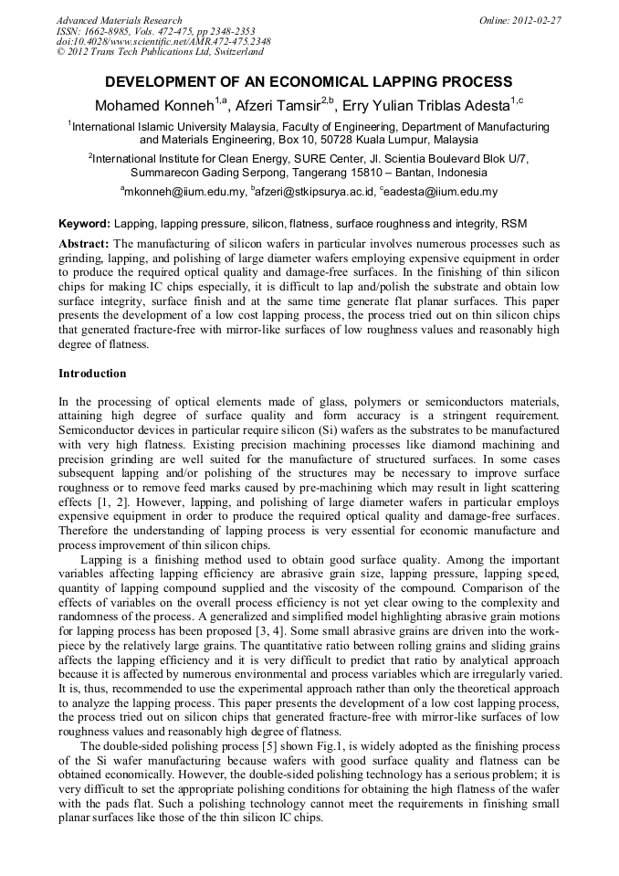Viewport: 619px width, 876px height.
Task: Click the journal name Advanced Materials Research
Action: [x=120, y=20]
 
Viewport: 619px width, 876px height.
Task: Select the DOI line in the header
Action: [x=163, y=42]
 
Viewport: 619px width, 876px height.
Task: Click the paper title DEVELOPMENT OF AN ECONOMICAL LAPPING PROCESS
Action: [x=309, y=82]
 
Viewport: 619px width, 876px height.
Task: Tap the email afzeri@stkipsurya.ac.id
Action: [x=316, y=192]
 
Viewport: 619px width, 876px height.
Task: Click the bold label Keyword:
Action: [x=84, y=223]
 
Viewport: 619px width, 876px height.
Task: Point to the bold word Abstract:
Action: [x=84, y=244]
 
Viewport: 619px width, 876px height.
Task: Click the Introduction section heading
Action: [x=92, y=374]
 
